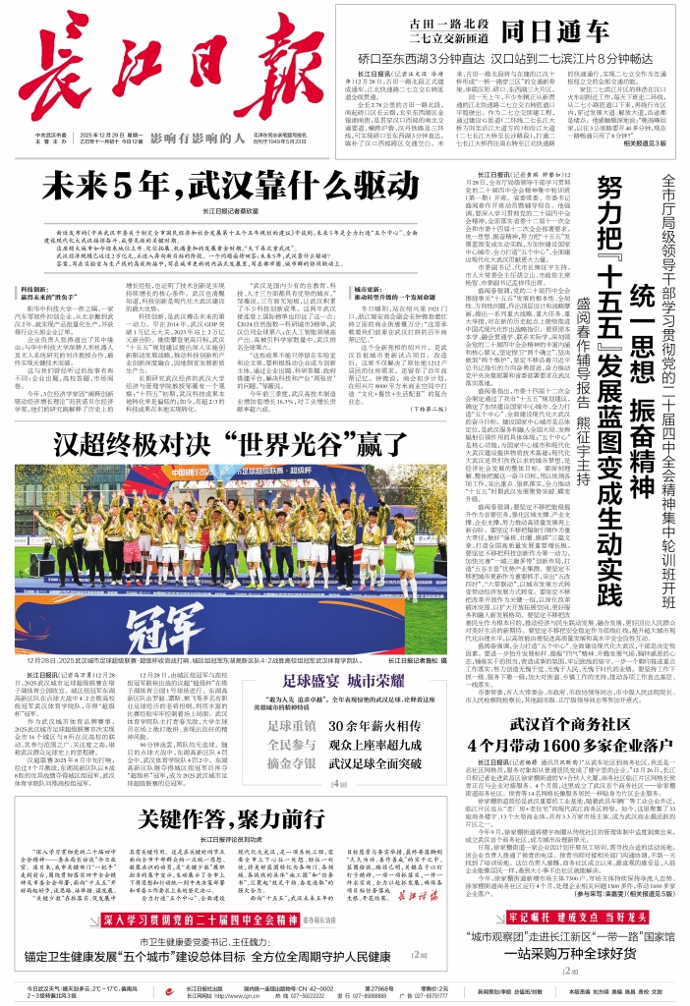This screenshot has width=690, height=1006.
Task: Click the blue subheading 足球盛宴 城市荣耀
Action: (x=345, y=679)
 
